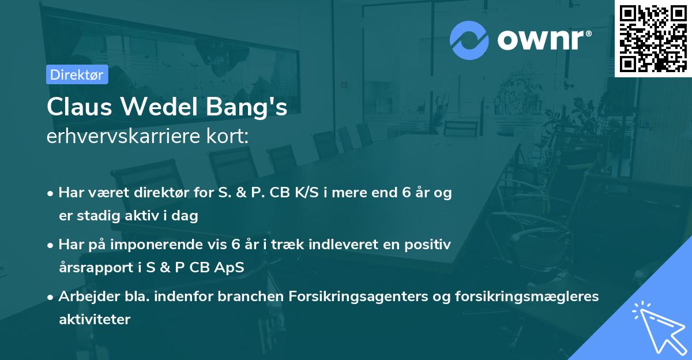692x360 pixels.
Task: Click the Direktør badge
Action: click(x=77, y=74)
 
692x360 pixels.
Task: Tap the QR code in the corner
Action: click(x=653, y=38)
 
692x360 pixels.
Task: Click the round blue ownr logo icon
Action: click(x=469, y=40)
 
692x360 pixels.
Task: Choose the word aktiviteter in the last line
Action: click(x=95, y=319)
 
